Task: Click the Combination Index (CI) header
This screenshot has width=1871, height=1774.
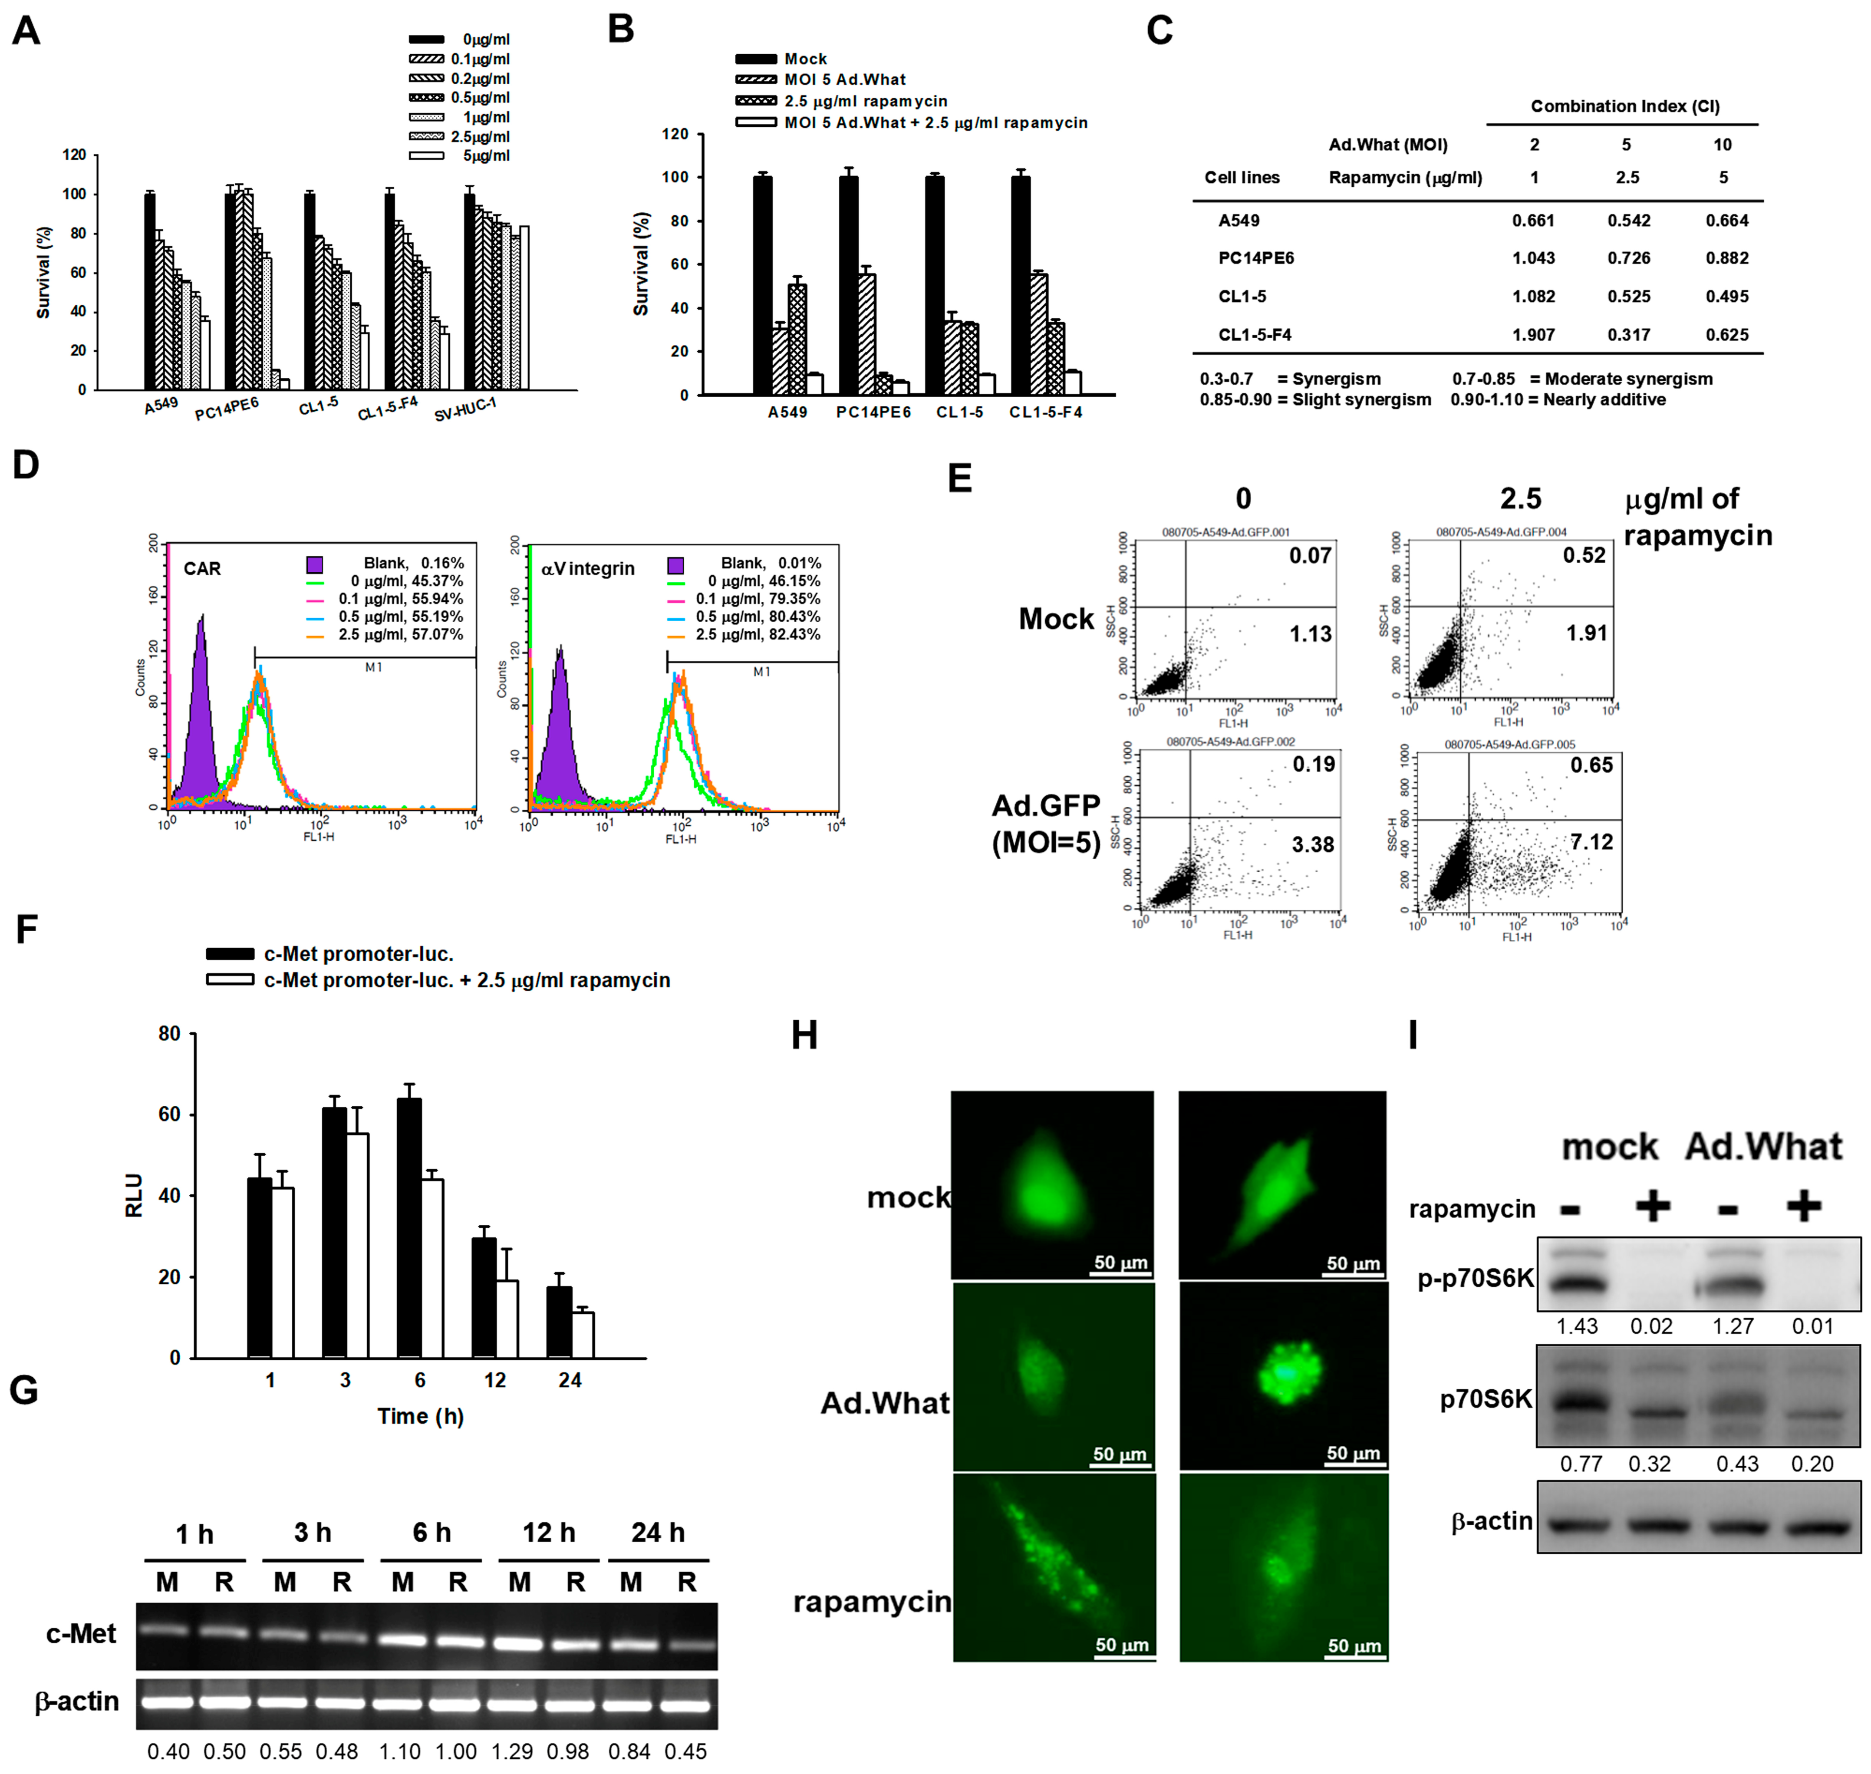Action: coord(1624,106)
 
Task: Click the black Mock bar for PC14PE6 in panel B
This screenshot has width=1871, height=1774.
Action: coord(848,284)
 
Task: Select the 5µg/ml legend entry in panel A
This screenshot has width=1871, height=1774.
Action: coord(486,156)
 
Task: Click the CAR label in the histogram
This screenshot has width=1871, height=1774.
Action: coord(202,568)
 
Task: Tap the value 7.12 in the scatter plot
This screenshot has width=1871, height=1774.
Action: coord(1591,841)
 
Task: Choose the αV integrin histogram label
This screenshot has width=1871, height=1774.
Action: coord(587,568)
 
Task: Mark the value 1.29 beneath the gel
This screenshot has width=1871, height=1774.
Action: coord(511,1751)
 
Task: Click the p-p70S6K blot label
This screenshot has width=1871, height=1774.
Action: coord(1475,1279)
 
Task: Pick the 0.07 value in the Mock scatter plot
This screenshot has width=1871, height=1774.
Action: coord(1309,556)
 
